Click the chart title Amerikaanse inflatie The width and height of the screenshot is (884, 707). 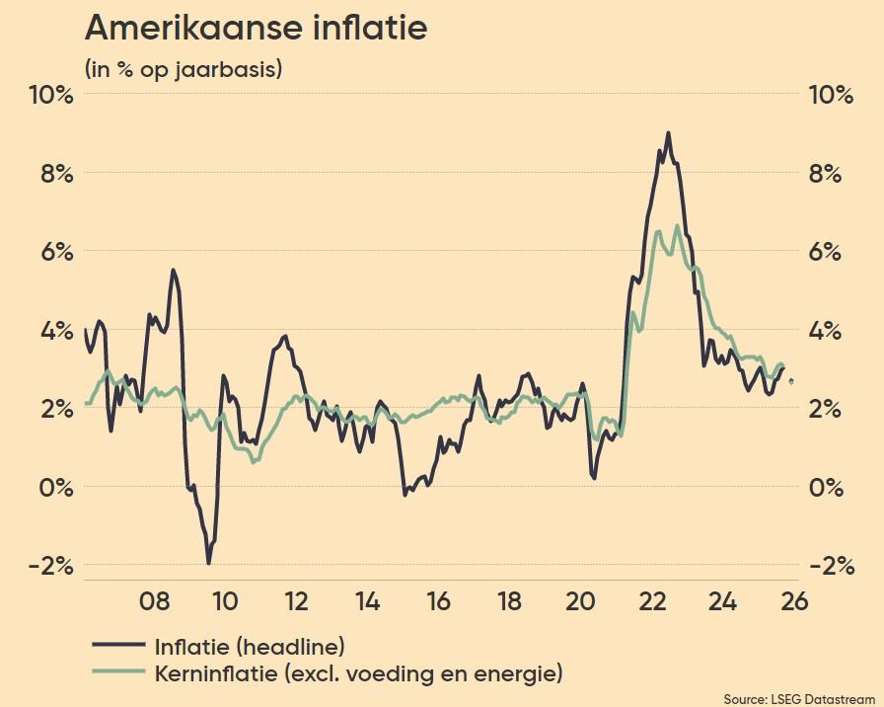click(x=257, y=28)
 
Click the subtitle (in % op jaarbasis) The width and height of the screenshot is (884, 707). click(x=184, y=70)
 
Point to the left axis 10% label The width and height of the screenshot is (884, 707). click(x=50, y=95)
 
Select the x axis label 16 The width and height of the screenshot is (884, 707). click(x=438, y=602)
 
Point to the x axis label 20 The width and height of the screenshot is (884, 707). click(x=580, y=602)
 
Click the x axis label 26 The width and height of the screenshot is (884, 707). click(x=794, y=602)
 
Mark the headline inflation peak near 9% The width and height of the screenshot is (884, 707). click(x=668, y=133)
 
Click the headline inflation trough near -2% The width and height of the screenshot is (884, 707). click(x=208, y=562)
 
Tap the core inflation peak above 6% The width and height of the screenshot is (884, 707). click(x=677, y=226)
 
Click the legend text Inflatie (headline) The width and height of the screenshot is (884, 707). click(x=250, y=647)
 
